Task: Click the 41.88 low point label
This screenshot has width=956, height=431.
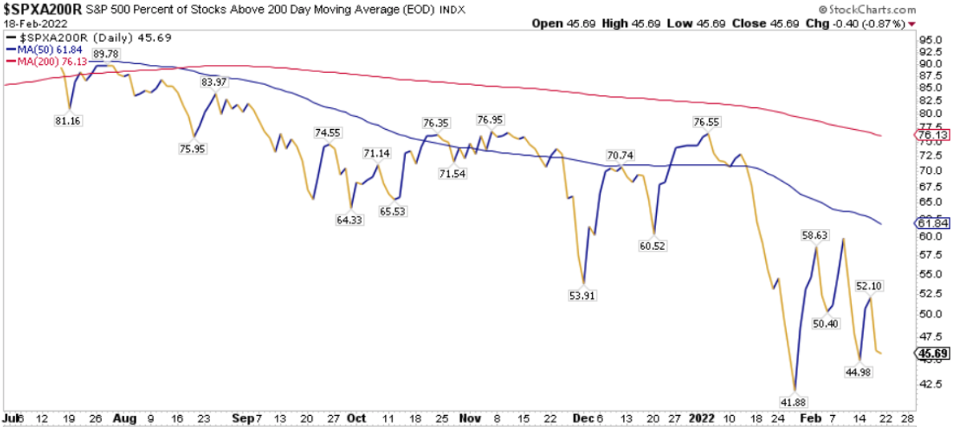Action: [795, 400]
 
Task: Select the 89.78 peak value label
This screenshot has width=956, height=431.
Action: [106, 54]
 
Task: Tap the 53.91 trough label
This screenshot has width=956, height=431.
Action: [582, 295]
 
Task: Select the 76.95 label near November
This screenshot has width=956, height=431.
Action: [491, 119]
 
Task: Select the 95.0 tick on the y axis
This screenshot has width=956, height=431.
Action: [930, 39]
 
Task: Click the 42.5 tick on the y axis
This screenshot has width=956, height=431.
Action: [930, 384]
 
